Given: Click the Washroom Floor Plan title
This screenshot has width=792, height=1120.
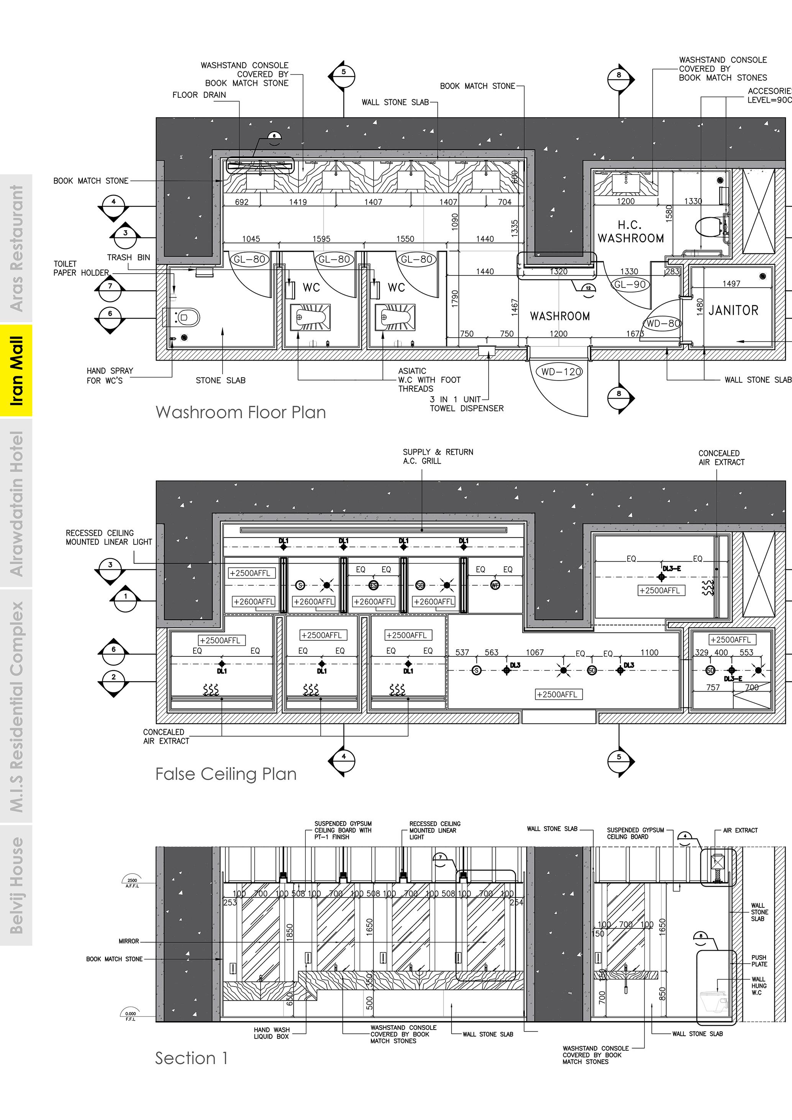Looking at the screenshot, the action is coord(240,412).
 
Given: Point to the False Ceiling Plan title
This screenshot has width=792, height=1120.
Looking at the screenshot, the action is coord(226,774).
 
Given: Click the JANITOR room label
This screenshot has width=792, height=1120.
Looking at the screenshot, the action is coord(733,310).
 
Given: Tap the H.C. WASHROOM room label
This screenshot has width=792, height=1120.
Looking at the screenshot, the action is coord(631,232).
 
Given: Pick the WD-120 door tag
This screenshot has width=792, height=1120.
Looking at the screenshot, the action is coord(561,372).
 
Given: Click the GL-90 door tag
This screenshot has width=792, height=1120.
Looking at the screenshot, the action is coord(630,284).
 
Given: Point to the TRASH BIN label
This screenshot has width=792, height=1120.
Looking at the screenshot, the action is coord(129,257).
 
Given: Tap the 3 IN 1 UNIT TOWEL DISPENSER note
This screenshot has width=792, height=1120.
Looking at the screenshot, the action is coord(466,404).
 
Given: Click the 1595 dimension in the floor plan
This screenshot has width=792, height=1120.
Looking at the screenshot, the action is coord(321,239).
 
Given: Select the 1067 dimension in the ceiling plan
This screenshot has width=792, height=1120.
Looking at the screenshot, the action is coord(535,653).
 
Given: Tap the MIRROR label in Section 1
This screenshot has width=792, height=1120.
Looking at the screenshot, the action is coord(129,941).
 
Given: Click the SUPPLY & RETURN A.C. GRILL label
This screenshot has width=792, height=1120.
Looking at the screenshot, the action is coord(438,457).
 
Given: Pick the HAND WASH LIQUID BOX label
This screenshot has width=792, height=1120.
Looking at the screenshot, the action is coord(272,1033).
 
